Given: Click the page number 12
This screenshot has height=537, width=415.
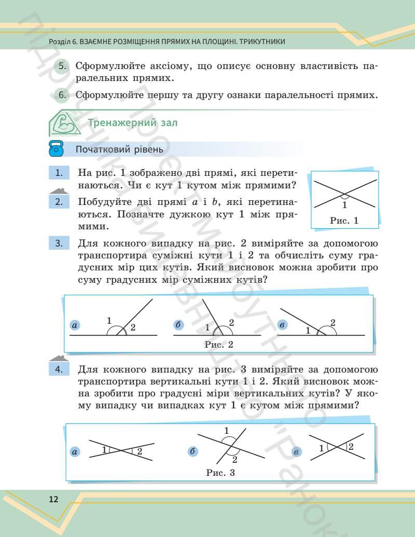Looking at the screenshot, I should [x=53, y=500].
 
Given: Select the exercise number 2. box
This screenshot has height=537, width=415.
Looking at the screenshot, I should [x=60, y=202].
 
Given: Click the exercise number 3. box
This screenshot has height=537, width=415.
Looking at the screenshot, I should [x=60, y=243].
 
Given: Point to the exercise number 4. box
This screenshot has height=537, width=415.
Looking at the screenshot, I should [x=60, y=369].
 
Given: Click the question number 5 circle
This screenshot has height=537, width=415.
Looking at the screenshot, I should [x=62, y=67].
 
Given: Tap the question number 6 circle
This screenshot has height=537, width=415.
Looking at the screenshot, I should [x=62, y=95].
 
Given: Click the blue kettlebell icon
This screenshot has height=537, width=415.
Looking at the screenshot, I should [x=56, y=149].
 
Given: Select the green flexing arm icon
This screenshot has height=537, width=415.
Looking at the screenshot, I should [x=64, y=123].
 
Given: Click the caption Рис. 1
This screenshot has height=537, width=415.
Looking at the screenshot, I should [x=344, y=221].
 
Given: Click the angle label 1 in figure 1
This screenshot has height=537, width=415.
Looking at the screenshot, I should [x=344, y=204].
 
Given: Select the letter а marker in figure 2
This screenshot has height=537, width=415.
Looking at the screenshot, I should [x=75, y=325].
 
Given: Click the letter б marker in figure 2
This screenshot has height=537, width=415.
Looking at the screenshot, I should [x=178, y=325].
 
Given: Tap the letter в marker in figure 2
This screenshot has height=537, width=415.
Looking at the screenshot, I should [x=283, y=325].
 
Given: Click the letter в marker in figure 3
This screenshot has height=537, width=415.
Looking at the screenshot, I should [x=296, y=452].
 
